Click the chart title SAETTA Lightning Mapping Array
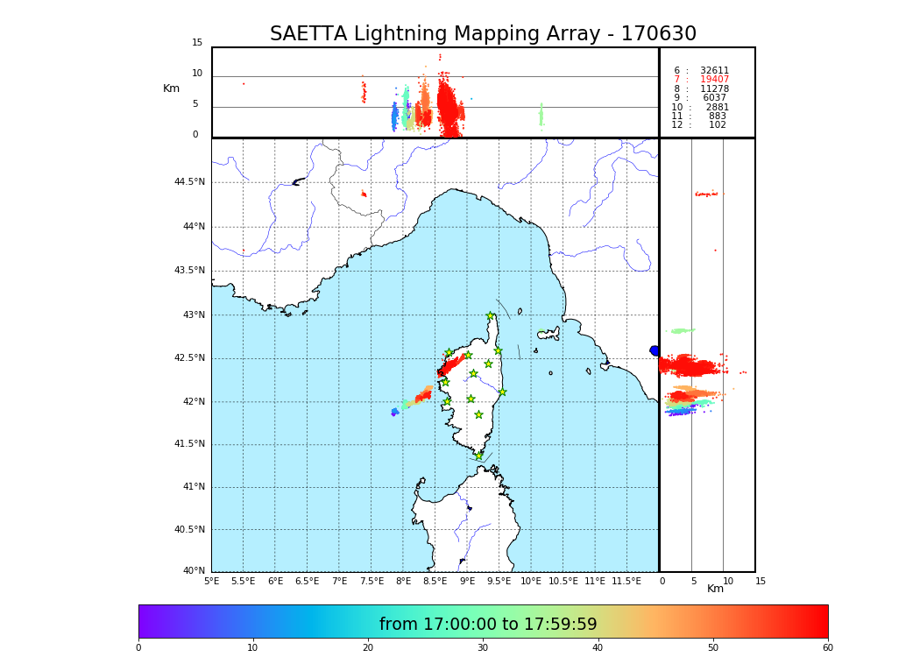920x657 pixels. point(483,34)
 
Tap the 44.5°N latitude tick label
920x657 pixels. point(189,182)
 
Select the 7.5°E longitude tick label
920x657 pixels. point(371,581)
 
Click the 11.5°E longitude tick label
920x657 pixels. point(626,581)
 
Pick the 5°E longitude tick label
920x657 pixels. point(212,581)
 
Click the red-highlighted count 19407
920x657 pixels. point(714,80)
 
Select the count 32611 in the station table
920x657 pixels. point(714,71)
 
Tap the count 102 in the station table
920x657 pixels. point(718,125)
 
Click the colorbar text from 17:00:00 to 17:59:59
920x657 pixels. point(488,625)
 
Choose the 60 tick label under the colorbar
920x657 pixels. point(827,647)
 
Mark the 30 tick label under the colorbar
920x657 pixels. point(483,647)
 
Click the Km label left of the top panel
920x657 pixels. point(171,88)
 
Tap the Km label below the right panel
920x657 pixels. point(715,589)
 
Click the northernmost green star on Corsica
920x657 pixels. point(491,316)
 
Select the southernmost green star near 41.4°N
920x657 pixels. point(479,456)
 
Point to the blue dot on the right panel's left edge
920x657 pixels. point(655,350)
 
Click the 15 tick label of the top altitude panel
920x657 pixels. point(197,43)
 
